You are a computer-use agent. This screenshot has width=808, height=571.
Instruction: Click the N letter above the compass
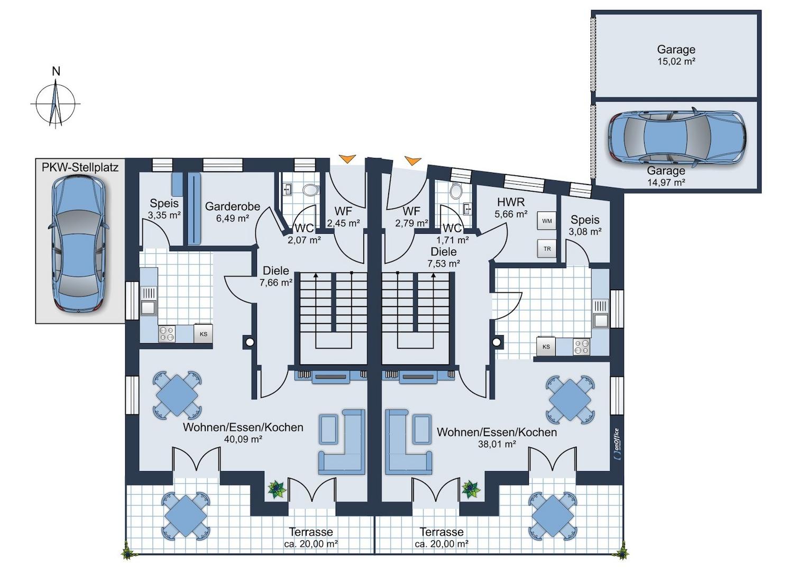tap(56, 71)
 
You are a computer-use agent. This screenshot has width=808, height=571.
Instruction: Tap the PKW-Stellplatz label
tap(80, 168)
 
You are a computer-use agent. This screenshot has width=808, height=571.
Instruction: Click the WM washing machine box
tap(547, 221)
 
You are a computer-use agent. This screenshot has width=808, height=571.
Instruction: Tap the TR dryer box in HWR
tap(547, 248)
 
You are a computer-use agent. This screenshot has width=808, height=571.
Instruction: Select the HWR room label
tap(511, 201)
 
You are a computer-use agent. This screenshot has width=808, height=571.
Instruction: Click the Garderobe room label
tap(233, 206)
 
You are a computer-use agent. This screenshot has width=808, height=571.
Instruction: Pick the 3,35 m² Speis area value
tap(164, 215)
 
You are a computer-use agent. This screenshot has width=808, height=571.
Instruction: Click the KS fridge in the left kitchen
tap(204, 334)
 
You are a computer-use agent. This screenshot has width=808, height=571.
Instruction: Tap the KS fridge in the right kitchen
tap(546, 347)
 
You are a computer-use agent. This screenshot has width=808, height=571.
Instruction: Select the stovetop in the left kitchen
tap(167, 334)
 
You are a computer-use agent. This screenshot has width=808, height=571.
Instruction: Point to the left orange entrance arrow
tap(347, 159)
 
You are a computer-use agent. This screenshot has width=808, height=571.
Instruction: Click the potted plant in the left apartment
tap(277, 489)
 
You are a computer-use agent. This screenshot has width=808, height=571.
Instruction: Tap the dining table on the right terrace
tap(552, 517)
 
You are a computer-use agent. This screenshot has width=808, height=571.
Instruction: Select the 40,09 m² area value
tap(243, 439)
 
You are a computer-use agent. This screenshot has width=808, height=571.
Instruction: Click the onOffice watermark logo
tap(616, 444)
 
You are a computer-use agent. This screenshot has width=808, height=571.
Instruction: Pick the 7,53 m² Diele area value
tap(444, 264)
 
